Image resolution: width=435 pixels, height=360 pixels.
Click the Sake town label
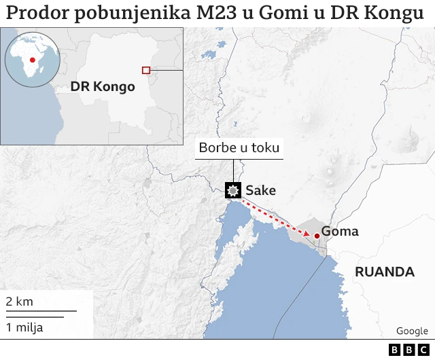click(260, 190)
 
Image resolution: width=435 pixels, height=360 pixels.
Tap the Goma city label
click(339, 232)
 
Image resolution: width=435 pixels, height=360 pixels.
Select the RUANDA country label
click(385, 272)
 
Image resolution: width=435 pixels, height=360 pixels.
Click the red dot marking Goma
click(317, 235)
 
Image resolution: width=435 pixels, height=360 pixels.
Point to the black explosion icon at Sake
click(234, 190)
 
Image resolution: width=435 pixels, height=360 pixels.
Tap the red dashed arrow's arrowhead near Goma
click(307, 234)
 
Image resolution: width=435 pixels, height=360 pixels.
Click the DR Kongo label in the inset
click(103, 87)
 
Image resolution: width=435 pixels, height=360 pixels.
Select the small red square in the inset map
click(145, 70)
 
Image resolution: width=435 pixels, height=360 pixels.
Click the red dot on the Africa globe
click(31, 60)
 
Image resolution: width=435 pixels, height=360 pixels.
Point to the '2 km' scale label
click(19, 301)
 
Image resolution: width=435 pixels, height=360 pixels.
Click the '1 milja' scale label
click(24, 327)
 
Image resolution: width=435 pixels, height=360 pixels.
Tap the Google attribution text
click(412, 331)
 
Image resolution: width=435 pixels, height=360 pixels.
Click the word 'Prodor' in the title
click(34, 13)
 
